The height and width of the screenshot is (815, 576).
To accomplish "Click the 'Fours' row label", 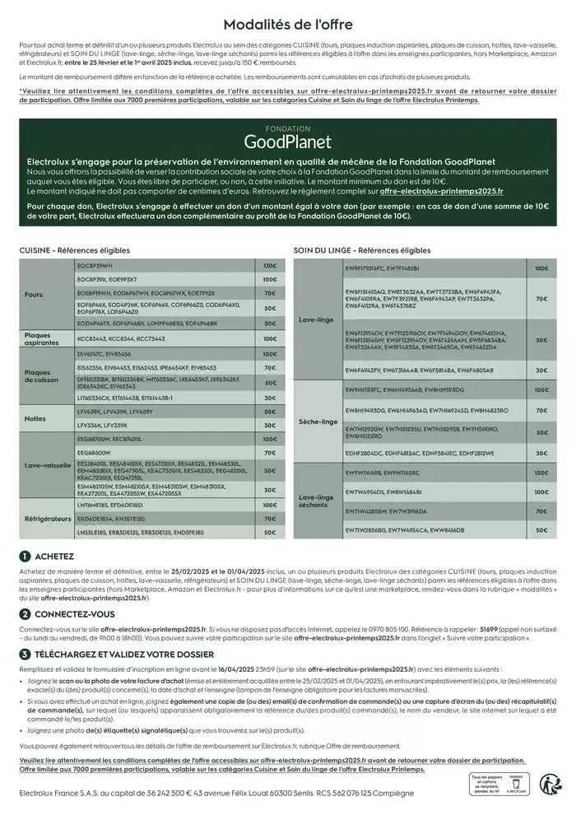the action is pyautogui.click(x=34, y=294).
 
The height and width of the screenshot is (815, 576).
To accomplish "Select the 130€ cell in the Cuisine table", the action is pyautogui.click(x=270, y=266).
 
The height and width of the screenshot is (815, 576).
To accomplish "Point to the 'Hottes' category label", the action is pyautogui.click(x=35, y=418).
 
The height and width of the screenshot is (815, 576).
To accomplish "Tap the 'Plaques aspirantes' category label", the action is pyautogui.click(x=37, y=338).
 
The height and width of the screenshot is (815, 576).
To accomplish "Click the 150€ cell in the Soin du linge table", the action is pyautogui.click(x=541, y=473).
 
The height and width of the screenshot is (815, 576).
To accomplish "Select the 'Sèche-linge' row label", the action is pyautogui.click(x=318, y=421).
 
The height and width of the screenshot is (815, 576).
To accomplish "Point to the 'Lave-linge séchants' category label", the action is pyautogui.click(x=316, y=501).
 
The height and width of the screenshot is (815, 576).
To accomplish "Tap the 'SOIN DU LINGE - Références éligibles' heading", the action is pyautogui.click(x=362, y=250).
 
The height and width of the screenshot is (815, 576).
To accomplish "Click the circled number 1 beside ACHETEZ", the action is pyautogui.click(x=26, y=556).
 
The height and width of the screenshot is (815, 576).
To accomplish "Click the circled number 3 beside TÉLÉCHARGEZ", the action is pyautogui.click(x=26, y=654).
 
